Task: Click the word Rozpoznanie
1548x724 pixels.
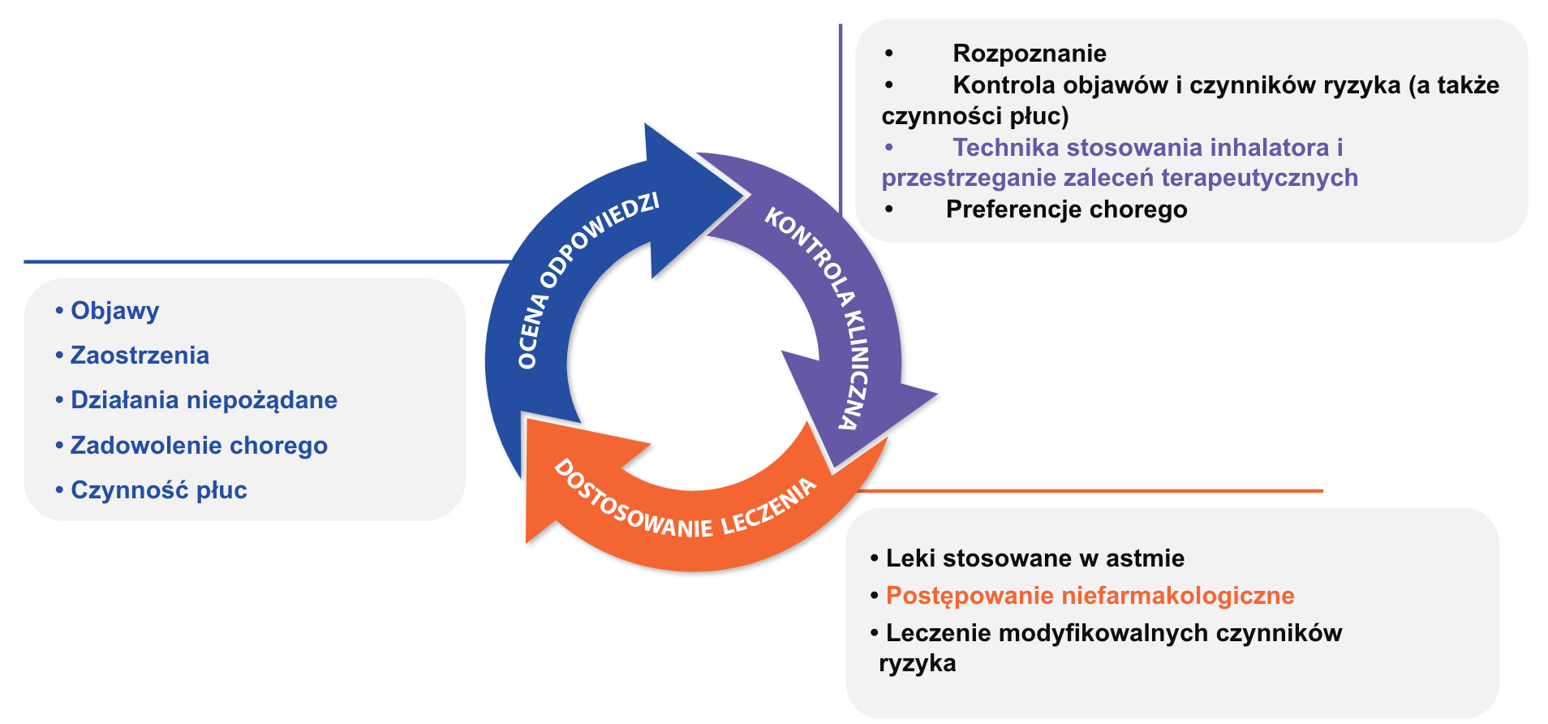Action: coord(1029,54)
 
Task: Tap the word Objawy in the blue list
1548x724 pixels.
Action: coord(114,311)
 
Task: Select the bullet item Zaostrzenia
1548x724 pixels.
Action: coord(140,356)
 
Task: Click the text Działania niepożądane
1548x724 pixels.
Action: coord(204,400)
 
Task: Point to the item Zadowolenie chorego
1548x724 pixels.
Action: coord(199,446)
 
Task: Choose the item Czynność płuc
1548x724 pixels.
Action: coord(158,490)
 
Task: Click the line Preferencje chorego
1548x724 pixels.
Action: coord(1066,209)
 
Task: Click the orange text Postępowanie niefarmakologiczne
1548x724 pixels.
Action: coord(1090,596)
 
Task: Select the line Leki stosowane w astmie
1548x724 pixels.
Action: coord(1034,558)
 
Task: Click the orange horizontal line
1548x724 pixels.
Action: coord(1087,490)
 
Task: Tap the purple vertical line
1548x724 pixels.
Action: coord(841,122)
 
